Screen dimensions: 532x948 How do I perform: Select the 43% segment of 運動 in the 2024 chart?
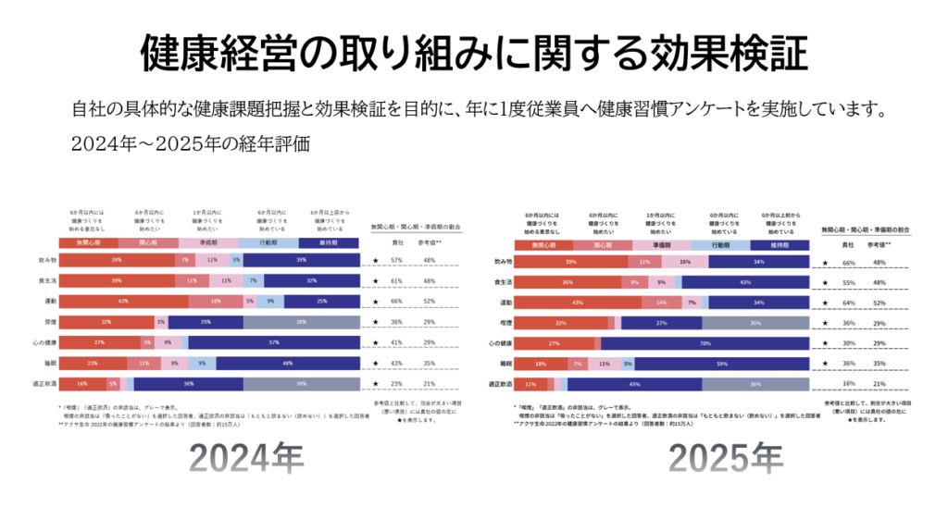pyautogui.click(x=122, y=302)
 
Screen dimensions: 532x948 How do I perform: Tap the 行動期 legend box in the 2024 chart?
pyautogui.click(x=275, y=242)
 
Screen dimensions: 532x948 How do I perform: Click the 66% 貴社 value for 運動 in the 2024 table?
pyautogui.click(x=396, y=302)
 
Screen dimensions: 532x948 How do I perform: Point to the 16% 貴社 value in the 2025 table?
pyautogui.click(x=848, y=383)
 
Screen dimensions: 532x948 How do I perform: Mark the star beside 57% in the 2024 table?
pyautogui.click(x=375, y=261)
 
